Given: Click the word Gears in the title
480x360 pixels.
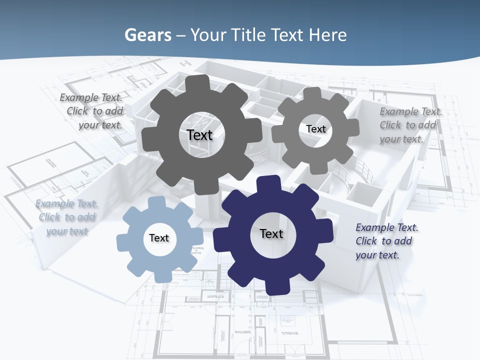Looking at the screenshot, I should point(148,35).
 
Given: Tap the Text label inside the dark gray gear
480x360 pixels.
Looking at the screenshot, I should point(199,135).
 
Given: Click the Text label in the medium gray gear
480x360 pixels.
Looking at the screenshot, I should point(315,129).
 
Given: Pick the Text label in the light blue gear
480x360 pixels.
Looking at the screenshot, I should point(159,238).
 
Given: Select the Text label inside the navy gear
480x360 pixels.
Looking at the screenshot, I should point(271,233).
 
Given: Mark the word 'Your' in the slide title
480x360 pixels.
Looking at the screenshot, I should point(208,35).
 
